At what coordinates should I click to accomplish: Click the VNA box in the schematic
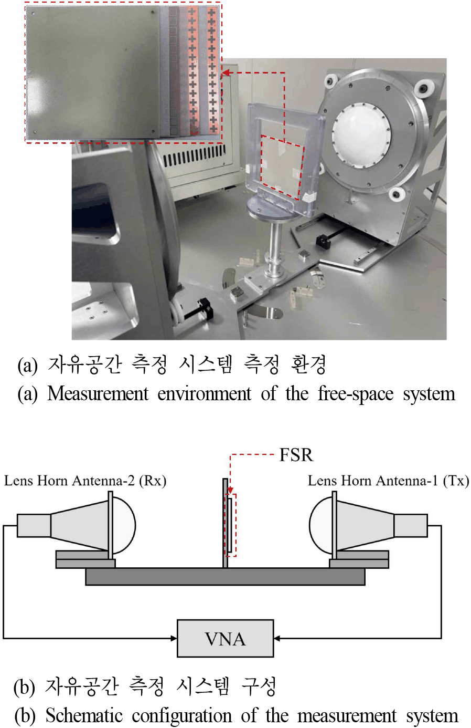point(226,638)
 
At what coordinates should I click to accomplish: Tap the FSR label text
point(296,455)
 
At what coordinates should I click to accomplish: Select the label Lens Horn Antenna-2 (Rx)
point(85,481)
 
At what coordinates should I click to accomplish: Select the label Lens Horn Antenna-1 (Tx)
point(388,481)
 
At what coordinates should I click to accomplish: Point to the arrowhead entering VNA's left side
point(174,638)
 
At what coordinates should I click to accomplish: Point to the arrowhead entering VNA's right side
point(276,638)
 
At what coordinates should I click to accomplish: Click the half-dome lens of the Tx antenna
point(320,525)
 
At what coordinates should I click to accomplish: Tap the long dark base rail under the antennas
point(226,577)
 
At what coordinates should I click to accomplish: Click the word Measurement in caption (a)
point(98,394)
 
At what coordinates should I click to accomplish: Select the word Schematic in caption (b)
point(84,716)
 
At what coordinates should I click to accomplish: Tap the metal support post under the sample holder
point(275,247)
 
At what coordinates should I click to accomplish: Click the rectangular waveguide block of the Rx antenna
point(34,525)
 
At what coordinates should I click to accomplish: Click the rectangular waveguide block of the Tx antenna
point(411,525)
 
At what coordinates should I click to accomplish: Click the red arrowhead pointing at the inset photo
point(226,73)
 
